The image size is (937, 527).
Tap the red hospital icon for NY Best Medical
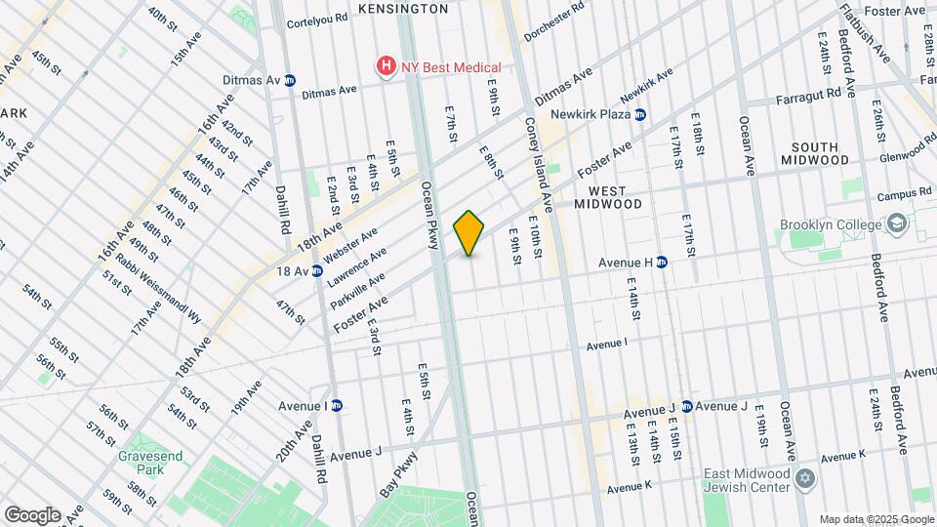(x=387, y=67)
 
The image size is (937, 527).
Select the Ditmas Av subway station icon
(x=290, y=80)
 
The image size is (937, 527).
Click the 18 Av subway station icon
(x=317, y=270)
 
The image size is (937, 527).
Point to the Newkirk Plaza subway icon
(x=640, y=114)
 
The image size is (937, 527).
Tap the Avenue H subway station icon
(x=661, y=262)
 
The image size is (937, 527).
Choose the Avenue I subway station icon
(x=337, y=406)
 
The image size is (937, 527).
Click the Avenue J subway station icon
(x=686, y=406)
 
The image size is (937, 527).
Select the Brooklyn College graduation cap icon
(x=895, y=225)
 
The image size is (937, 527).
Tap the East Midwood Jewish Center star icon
(x=806, y=478)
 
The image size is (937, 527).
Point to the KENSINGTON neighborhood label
(x=403, y=9)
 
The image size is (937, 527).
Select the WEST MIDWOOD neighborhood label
(x=607, y=197)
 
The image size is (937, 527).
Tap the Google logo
(x=32, y=514)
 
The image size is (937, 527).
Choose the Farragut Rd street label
(x=808, y=97)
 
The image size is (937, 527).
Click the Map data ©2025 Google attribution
(x=875, y=519)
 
